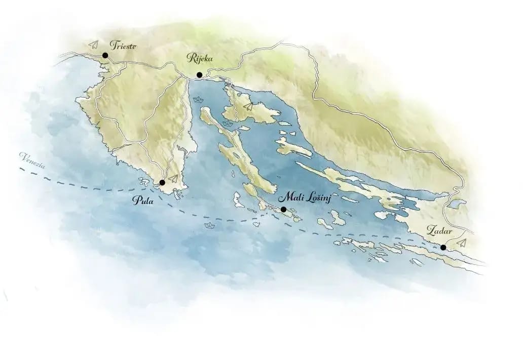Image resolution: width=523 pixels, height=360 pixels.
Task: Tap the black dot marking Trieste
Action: [x=105, y=55]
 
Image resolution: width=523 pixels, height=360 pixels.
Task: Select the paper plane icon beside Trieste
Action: [x=92, y=44]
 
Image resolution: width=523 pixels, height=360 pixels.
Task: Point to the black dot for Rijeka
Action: [x=200, y=75]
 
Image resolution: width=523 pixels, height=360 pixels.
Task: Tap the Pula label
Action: [x=142, y=201]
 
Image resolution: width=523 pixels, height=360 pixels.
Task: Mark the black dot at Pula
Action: [x=162, y=182]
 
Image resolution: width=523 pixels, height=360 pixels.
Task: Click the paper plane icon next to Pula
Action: [x=173, y=178]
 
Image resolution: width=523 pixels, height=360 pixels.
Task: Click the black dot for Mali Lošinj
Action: [x=283, y=209]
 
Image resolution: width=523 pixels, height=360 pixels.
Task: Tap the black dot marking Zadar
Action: [x=443, y=248]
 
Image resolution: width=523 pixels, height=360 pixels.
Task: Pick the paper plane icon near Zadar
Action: [x=461, y=243]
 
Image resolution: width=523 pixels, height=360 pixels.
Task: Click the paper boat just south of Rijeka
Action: [x=198, y=100]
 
